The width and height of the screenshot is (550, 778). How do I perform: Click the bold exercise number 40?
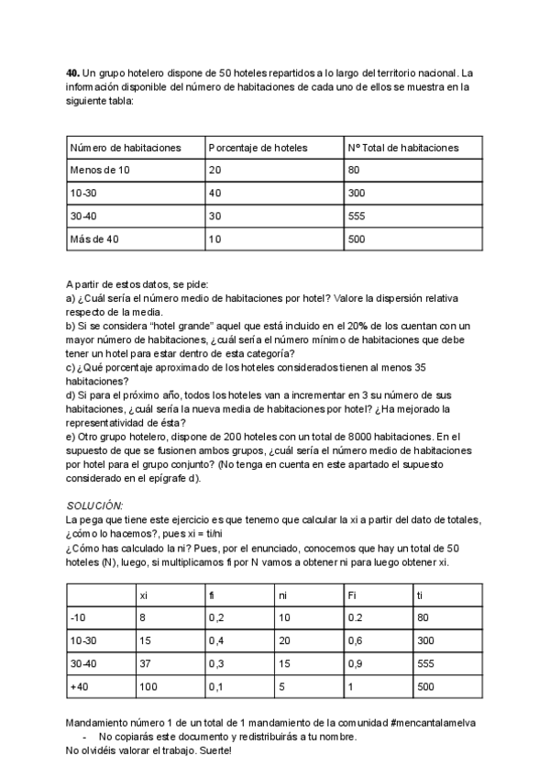[x=72, y=72]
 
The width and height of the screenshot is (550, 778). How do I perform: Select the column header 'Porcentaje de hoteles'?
[x=258, y=148]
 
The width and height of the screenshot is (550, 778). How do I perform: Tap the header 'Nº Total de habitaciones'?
[x=403, y=148]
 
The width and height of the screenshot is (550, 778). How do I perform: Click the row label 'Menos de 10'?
[x=100, y=171]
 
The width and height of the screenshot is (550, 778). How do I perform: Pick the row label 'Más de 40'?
[x=94, y=239]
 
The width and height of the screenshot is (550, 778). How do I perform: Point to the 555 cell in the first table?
[x=357, y=217]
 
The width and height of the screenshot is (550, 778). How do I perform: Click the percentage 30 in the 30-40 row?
[x=214, y=217]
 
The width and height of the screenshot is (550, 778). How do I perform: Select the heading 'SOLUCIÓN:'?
[x=95, y=506]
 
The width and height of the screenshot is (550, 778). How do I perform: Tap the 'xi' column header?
[x=144, y=596]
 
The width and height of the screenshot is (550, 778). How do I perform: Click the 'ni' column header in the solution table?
[x=282, y=596]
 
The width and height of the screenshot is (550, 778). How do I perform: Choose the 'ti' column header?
[x=420, y=596]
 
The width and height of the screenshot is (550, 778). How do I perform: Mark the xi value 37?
[x=145, y=662]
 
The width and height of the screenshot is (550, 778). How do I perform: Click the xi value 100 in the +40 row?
[x=148, y=685]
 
